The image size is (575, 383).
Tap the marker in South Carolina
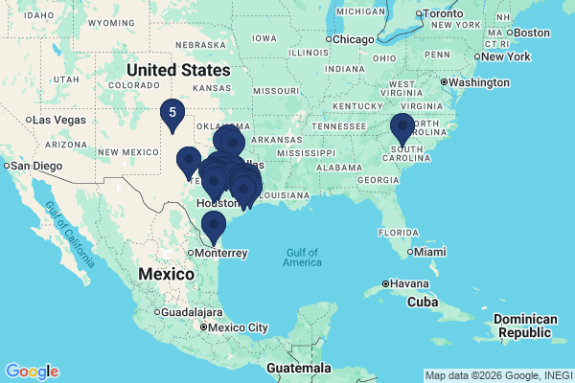point(402,127)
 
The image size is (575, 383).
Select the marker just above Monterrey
point(213,225)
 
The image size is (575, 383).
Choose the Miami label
point(429,252)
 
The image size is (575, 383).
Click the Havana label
point(407,283)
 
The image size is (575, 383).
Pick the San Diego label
point(34,166)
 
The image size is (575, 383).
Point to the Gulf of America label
point(302,257)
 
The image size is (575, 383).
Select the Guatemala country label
point(298,368)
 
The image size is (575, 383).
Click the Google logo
point(32,372)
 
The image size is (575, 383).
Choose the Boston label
point(532,33)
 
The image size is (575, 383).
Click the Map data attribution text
point(497,375)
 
